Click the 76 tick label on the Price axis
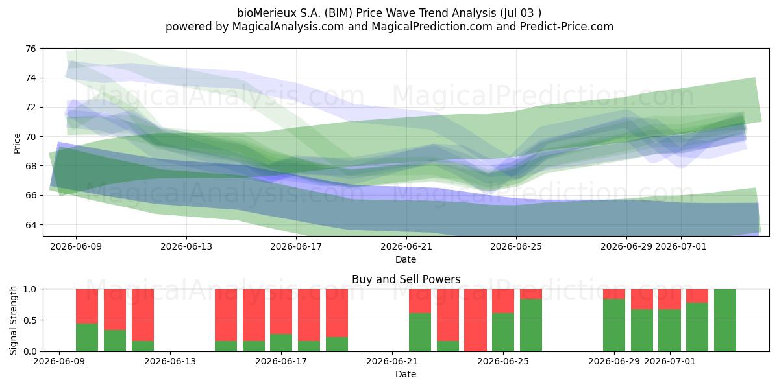(31, 49)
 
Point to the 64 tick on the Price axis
(31, 225)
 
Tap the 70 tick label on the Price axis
(31, 137)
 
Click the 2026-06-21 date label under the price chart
(406, 246)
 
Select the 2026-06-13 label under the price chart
(186, 246)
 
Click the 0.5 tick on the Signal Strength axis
(30, 320)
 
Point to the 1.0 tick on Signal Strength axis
(30, 289)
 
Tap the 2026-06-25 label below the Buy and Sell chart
(503, 362)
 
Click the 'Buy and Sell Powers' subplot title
(406, 279)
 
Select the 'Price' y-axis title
(17, 143)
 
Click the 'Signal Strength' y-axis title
(13, 320)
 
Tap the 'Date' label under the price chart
(406, 259)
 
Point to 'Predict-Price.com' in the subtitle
(567, 27)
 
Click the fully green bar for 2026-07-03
(725, 320)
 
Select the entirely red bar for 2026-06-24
(475, 320)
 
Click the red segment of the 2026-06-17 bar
(281, 312)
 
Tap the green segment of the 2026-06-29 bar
(614, 325)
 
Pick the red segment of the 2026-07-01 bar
(669, 299)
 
